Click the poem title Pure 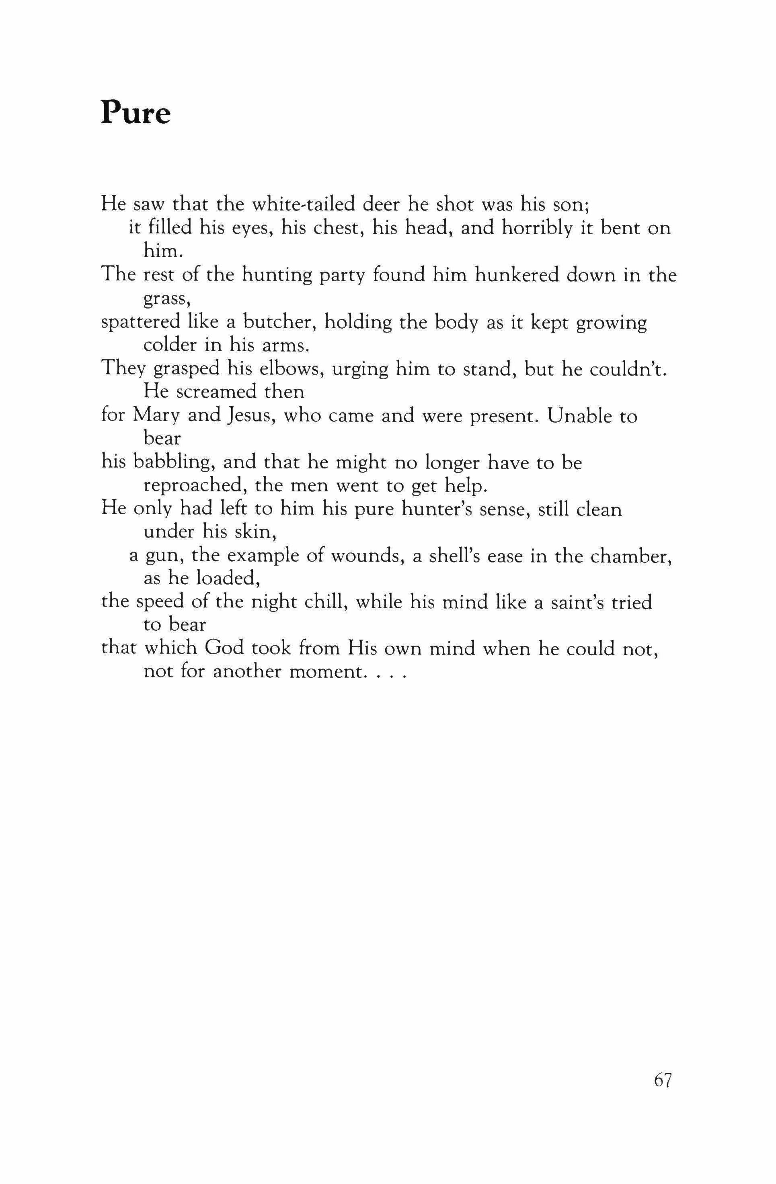136,113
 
